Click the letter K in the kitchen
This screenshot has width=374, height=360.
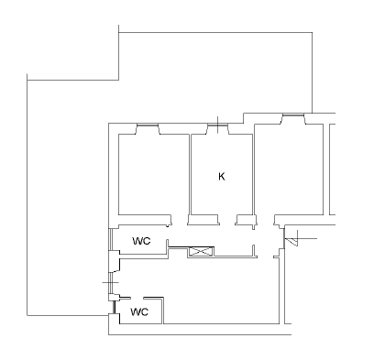point(222,177)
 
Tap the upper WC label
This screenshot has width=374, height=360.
point(141,241)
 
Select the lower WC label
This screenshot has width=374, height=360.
point(139,312)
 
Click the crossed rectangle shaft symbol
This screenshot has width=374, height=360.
point(201,252)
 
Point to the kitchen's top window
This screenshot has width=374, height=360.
point(217,125)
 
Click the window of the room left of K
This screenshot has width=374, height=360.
point(148,125)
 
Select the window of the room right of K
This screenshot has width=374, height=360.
point(293,115)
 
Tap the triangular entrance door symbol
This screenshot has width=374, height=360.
point(291,242)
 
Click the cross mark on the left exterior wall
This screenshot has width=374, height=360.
point(111,282)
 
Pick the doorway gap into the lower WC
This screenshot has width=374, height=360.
point(137,298)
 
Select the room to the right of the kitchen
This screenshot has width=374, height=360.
point(289,169)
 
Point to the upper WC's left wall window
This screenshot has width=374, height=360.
point(111,240)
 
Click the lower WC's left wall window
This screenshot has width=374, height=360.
point(114,307)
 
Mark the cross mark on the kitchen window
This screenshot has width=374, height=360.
point(217,125)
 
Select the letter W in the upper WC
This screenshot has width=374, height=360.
point(137,241)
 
